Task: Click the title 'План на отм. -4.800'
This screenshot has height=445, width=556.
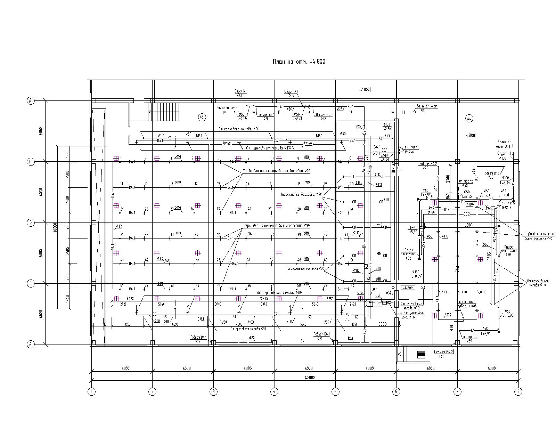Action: (x=299, y=62)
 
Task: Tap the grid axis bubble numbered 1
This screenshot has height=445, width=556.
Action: (x=91, y=391)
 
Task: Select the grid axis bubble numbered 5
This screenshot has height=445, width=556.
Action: (x=335, y=391)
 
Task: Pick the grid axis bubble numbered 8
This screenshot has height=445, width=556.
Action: (x=518, y=391)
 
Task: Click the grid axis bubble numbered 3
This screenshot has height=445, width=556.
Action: (x=213, y=391)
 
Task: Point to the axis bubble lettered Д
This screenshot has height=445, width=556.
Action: (x=31, y=101)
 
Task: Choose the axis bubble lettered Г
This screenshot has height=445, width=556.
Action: (x=31, y=162)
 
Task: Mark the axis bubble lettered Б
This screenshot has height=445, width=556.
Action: (x=31, y=284)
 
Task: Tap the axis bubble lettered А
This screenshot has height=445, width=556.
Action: (x=31, y=345)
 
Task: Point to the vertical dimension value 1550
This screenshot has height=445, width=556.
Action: (x=68, y=153)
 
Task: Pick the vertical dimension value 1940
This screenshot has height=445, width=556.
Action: (x=68, y=299)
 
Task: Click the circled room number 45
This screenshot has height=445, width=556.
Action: (x=202, y=117)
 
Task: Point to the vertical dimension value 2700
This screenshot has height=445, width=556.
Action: (x=448, y=179)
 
